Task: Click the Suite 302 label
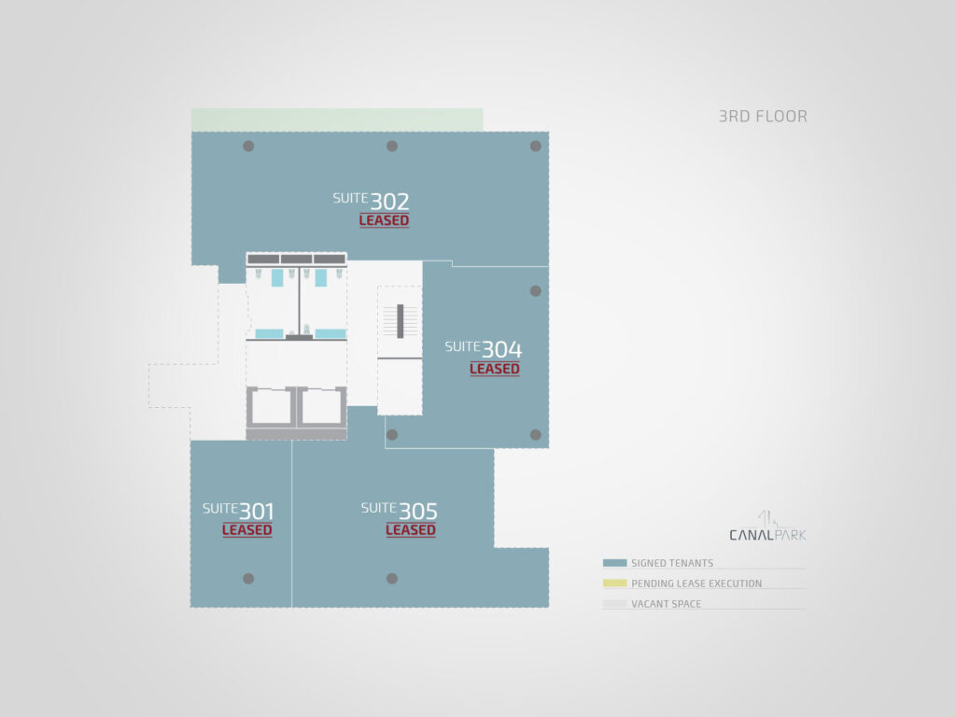pos(371,201)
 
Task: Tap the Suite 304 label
pos(484,349)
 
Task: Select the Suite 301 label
pos(238,511)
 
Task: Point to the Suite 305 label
pos(400,511)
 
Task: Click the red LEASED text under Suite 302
pos(384,220)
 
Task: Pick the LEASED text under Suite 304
pos(495,369)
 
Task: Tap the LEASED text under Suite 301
pos(246,530)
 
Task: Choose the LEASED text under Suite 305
pos(411,530)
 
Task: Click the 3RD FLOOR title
pos(763,117)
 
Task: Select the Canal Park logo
pos(767,527)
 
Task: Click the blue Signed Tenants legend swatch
pos(614,563)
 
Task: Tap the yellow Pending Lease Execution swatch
pos(614,583)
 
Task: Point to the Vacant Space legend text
pos(666,604)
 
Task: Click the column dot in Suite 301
pos(248,579)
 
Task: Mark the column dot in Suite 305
pos(392,579)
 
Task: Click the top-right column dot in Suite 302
pos(535,147)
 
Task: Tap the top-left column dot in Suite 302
pos(248,147)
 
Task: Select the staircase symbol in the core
pos(400,321)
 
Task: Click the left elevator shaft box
pos(271,407)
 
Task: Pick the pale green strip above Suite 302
pos(337,120)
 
